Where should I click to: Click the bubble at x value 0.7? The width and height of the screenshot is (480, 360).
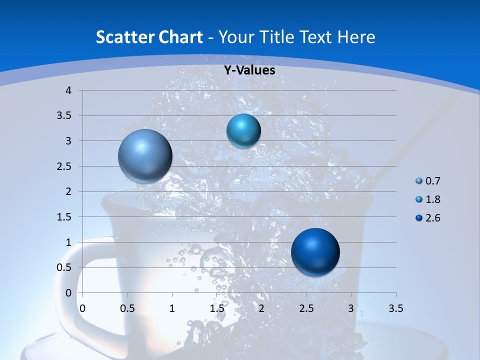145,156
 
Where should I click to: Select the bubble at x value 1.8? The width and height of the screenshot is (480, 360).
243,130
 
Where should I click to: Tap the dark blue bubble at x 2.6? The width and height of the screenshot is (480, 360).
315,252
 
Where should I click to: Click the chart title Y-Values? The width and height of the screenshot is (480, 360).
249,70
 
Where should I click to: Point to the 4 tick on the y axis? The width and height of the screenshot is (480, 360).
68,90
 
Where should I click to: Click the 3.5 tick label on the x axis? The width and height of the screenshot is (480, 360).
395,308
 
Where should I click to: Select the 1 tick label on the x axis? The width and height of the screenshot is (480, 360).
172,308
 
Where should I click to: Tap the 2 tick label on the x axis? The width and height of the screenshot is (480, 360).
261,308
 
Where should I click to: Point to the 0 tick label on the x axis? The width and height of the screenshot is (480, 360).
82,308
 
